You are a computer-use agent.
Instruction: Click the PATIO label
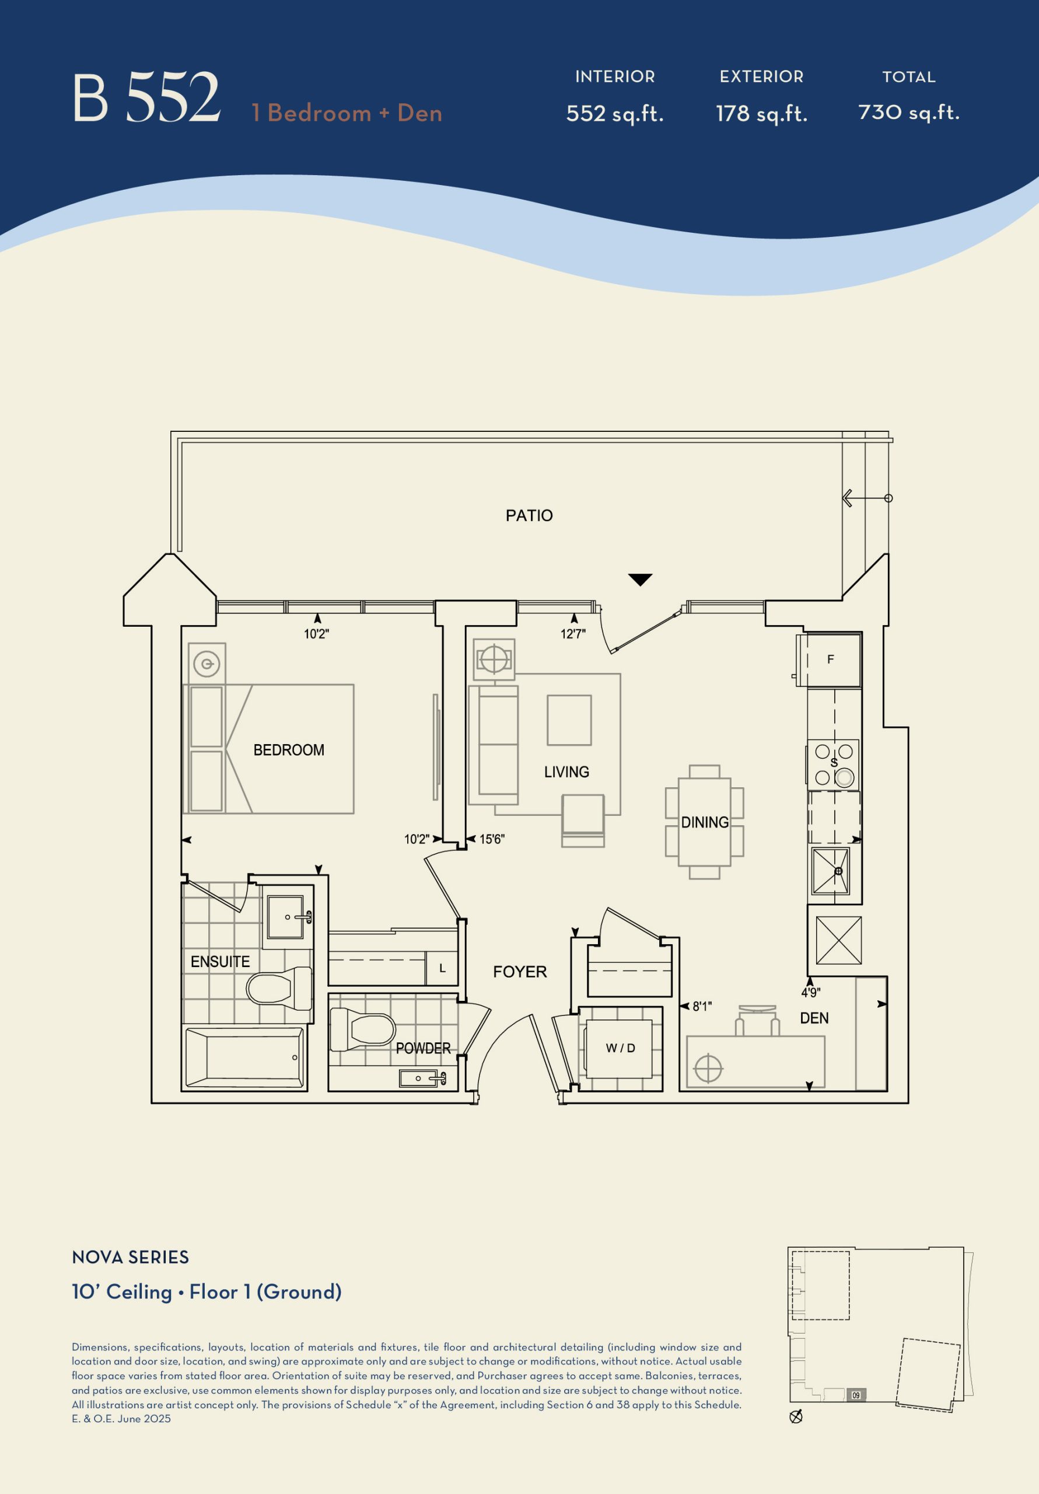click(x=529, y=515)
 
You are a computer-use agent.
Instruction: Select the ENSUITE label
click(x=220, y=961)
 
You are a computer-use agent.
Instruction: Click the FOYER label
click(x=520, y=972)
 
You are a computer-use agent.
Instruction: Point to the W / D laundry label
click(x=621, y=1048)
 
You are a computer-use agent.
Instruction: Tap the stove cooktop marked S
click(x=834, y=764)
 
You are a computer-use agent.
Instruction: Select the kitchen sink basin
click(x=831, y=871)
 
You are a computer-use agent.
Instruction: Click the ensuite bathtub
click(x=244, y=1057)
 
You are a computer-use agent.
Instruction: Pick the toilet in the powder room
click(x=362, y=1029)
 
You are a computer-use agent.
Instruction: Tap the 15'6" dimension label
click(x=492, y=839)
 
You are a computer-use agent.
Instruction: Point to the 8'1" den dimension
click(x=702, y=1006)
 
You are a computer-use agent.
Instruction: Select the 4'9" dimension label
click(x=811, y=992)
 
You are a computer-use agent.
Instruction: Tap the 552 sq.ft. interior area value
click(x=615, y=113)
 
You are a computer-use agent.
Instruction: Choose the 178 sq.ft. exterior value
click(x=762, y=113)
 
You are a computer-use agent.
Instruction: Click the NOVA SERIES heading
click(x=131, y=1257)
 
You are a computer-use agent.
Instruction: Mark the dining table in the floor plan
click(x=705, y=822)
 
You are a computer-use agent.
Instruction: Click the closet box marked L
click(x=442, y=968)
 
